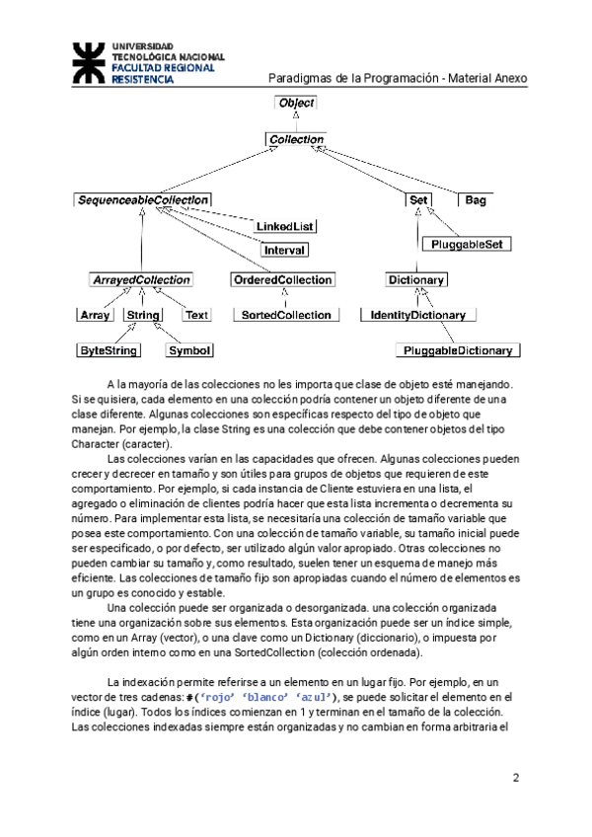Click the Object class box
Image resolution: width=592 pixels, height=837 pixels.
[296, 103]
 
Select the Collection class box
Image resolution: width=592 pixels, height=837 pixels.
[296, 139]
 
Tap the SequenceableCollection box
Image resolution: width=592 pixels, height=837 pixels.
[142, 200]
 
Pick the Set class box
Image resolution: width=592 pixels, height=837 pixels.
[417, 200]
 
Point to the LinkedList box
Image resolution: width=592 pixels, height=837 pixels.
[285, 226]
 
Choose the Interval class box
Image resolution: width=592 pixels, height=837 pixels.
[284, 251]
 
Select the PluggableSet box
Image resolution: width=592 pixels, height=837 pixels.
[468, 244]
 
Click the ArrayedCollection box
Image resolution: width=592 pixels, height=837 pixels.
[140, 280]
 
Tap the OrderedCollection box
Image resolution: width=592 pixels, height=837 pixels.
[282, 280]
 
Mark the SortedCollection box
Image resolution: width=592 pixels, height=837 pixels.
[286, 315]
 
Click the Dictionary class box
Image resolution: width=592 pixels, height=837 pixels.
[415, 280]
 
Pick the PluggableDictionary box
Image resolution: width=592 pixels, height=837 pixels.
[458, 350]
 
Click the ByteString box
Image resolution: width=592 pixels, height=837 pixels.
[109, 350]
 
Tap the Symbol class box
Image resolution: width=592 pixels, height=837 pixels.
[189, 350]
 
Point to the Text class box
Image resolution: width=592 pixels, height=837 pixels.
[196, 315]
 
